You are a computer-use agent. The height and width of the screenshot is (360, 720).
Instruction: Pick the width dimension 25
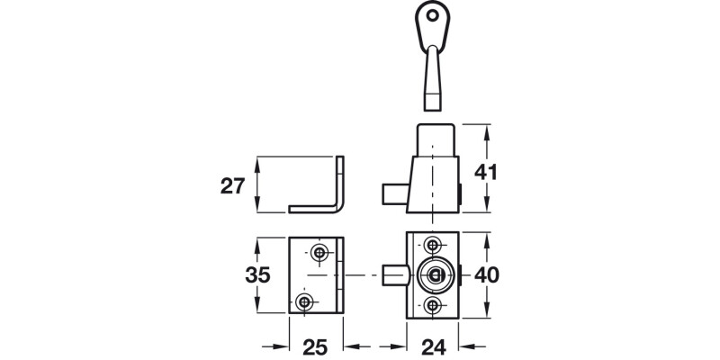pos(314,346)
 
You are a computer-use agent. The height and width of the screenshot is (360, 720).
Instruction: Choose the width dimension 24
pos(434,346)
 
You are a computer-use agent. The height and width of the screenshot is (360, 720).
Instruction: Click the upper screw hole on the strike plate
pos(319,250)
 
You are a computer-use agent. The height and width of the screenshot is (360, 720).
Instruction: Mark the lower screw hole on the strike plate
pos(306,301)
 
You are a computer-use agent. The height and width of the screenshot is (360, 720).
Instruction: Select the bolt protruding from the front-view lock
pos(391,274)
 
